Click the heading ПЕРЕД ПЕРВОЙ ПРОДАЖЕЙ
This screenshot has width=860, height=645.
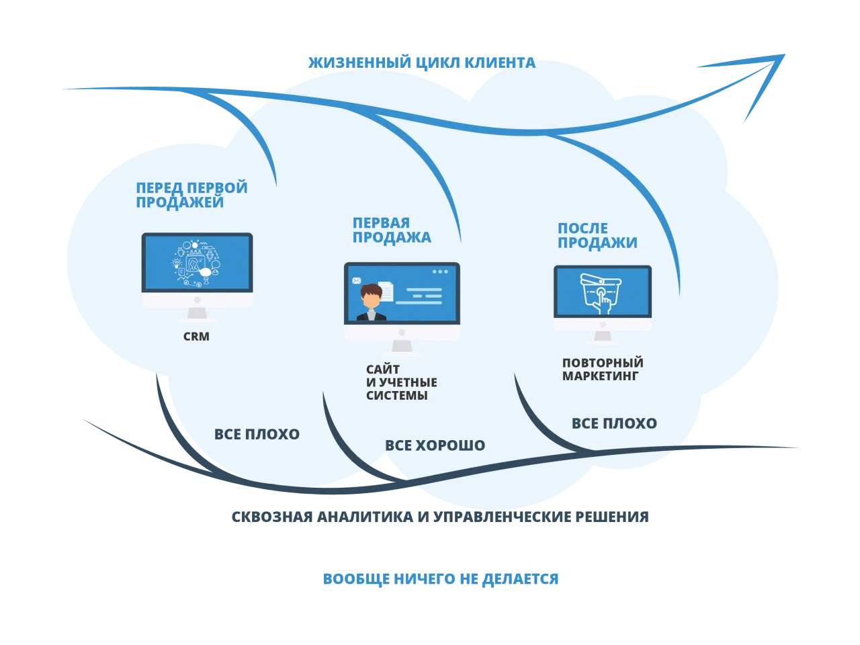pyautogui.click(x=191, y=195)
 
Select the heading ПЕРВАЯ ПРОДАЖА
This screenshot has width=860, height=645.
pyautogui.click(x=391, y=230)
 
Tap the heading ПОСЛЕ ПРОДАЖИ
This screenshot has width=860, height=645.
pyautogui.click(x=597, y=235)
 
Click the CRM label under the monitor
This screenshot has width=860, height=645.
pyautogui.click(x=196, y=336)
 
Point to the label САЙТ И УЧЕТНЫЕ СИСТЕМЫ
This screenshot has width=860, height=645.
pyautogui.click(x=401, y=382)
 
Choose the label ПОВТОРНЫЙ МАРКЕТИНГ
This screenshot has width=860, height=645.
pyautogui.click(x=602, y=370)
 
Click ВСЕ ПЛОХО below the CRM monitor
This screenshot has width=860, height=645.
pyautogui.click(x=257, y=434)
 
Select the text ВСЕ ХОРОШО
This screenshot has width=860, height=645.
pyautogui.click(x=435, y=445)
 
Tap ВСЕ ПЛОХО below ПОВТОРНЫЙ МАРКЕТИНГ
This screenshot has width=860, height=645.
pyautogui.click(x=614, y=423)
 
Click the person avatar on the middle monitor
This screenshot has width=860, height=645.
pyautogui.click(x=371, y=302)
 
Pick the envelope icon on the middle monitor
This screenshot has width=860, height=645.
pyautogui.click(x=356, y=280)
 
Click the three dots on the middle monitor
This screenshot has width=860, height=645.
pyautogui.click(x=439, y=271)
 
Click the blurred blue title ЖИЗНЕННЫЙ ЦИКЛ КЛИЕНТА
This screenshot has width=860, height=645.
pyautogui.click(x=421, y=63)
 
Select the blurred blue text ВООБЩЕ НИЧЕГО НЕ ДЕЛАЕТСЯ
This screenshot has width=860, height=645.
pyautogui.click(x=440, y=578)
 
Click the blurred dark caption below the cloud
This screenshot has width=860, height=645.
pyautogui.click(x=440, y=518)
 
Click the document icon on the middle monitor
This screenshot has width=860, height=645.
pyautogui.click(x=386, y=291)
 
